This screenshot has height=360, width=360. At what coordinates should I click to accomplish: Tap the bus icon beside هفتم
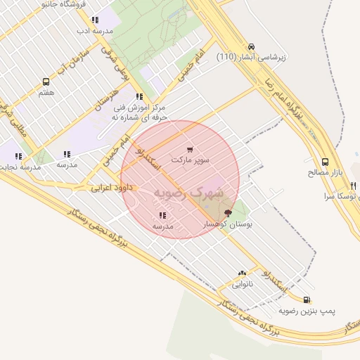click(46, 82)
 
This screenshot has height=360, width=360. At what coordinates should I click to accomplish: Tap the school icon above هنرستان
click(139, 96)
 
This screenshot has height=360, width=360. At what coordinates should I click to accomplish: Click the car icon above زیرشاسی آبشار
click(251, 46)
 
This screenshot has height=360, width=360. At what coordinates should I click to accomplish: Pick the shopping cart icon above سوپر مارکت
click(190, 150)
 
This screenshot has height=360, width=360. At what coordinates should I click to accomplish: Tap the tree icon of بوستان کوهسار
click(227, 212)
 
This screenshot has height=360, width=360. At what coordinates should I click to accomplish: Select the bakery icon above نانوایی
click(242, 274)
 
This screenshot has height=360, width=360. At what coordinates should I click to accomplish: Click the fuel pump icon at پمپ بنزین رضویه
click(305, 299)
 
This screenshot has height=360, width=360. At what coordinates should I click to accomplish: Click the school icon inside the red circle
click(162, 216)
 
